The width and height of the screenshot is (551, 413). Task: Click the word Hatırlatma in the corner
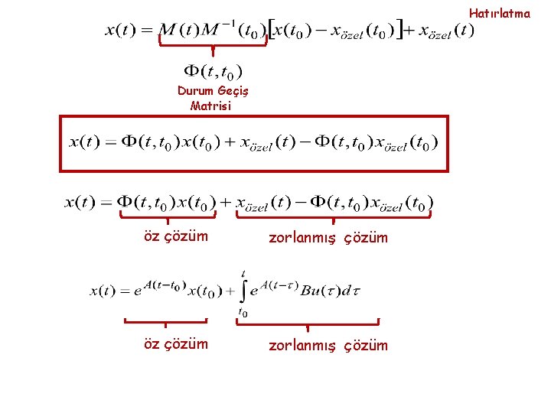pyautogui.click(x=499, y=13)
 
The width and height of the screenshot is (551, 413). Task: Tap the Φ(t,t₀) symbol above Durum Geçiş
pyautogui.click(x=212, y=73)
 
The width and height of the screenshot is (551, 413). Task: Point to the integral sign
pyautogui.click(x=243, y=291)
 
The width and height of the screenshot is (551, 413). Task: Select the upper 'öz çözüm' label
pyautogui.click(x=175, y=236)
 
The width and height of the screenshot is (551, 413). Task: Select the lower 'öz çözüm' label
pyautogui.click(x=175, y=344)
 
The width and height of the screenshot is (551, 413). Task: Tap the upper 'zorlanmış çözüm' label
pyautogui.click(x=328, y=238)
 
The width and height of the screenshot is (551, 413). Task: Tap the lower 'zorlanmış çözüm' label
pyautogui.click(x=328, y=346)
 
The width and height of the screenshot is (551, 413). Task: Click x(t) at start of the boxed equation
pyautogui.click(x=84, y=141)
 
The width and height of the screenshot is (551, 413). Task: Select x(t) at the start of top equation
pyautogui.click(x=120, y=31)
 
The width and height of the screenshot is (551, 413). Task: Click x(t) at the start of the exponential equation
pyautogui.click(x=106, y=291)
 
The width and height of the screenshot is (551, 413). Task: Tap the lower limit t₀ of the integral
pyautogui.click(x=243, y=312)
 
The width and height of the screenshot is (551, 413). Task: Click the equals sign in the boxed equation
pyautogui.click(x=111, y=142)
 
